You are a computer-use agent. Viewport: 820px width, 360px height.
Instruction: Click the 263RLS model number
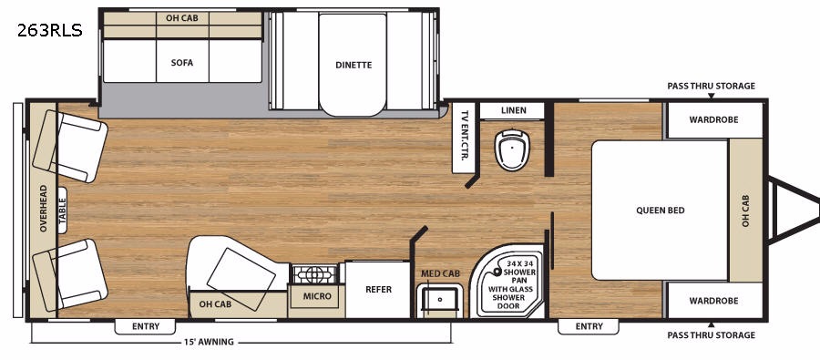pyautogui.click(x=50, y=31)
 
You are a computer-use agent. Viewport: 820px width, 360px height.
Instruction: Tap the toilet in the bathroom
pyautogui.click(x=512, y=149)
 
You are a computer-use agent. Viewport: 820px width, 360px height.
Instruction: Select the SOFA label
pyautogui.click(x=182, y=62)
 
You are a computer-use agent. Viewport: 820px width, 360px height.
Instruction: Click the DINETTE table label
pyautogui.click(x=354, y=65)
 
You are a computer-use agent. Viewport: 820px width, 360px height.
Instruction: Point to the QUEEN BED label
pyautogui.click(x=661, y=211)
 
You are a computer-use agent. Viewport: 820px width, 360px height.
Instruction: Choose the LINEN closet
pyautogui.click(x=513, y=110)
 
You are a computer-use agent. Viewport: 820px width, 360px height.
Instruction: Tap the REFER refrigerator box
pyautogui.click(x=378, y=289)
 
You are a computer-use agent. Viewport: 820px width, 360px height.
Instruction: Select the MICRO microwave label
pyautogui.click(x=317, y=296)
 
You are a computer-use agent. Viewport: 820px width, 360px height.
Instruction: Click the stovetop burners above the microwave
pyautogui.click(x=315, y=274)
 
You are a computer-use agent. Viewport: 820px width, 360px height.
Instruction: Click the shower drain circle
pyautogui.click(x=497, y=273)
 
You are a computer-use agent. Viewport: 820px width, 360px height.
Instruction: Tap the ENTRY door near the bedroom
pyautogui.click(x=589, y=326)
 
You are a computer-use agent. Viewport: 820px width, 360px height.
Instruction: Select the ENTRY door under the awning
pyautogui.click(x=146, y=326)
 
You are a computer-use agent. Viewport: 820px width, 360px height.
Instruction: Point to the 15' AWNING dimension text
pyautogui.click(x=209, y=342)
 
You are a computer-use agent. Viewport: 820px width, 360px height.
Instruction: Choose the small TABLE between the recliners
pyautogui.click(x=62, y=210)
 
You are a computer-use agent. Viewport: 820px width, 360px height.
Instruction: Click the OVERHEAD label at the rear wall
pyautogui.click(x=43, y=209)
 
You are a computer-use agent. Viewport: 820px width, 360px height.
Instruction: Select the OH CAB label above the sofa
pyautogui.click(x=182, y=18)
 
